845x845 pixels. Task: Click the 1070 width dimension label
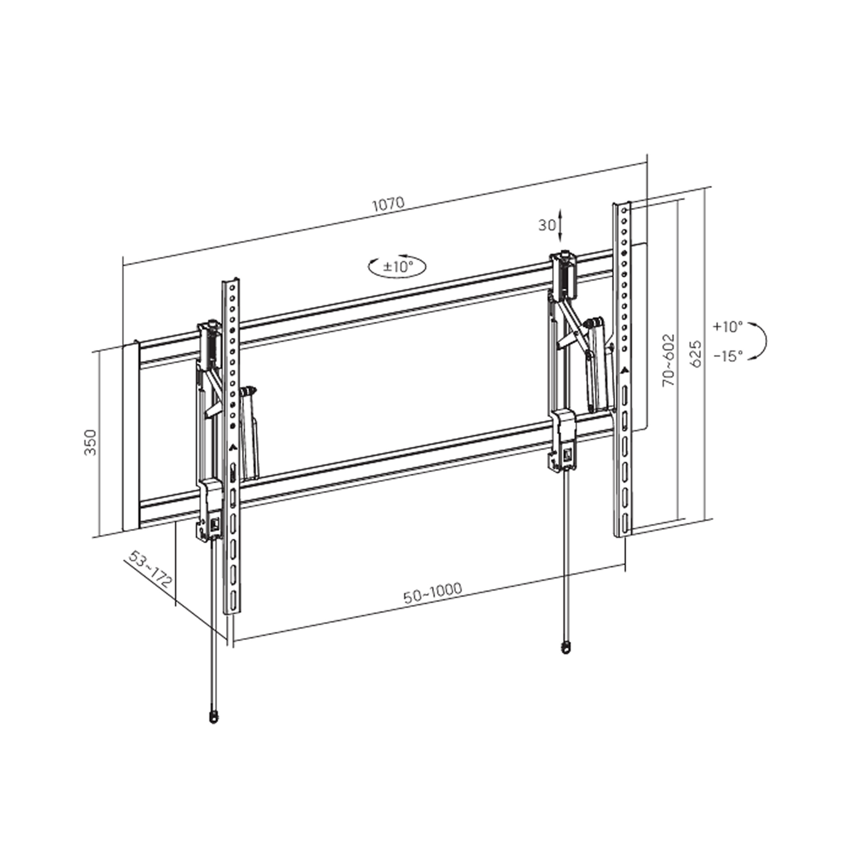pos(388,204)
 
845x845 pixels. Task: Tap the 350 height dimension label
pos(91,443)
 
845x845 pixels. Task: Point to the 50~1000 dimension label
pos(433,593)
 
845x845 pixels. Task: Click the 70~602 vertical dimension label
pos(669,359)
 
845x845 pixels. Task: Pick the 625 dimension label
pos(696,354)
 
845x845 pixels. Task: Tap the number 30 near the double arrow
pos(547,225)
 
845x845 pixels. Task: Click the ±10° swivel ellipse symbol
pos(397,267)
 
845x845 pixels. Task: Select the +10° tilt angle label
pos(727,326)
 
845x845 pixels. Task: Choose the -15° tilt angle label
pos(728,356)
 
